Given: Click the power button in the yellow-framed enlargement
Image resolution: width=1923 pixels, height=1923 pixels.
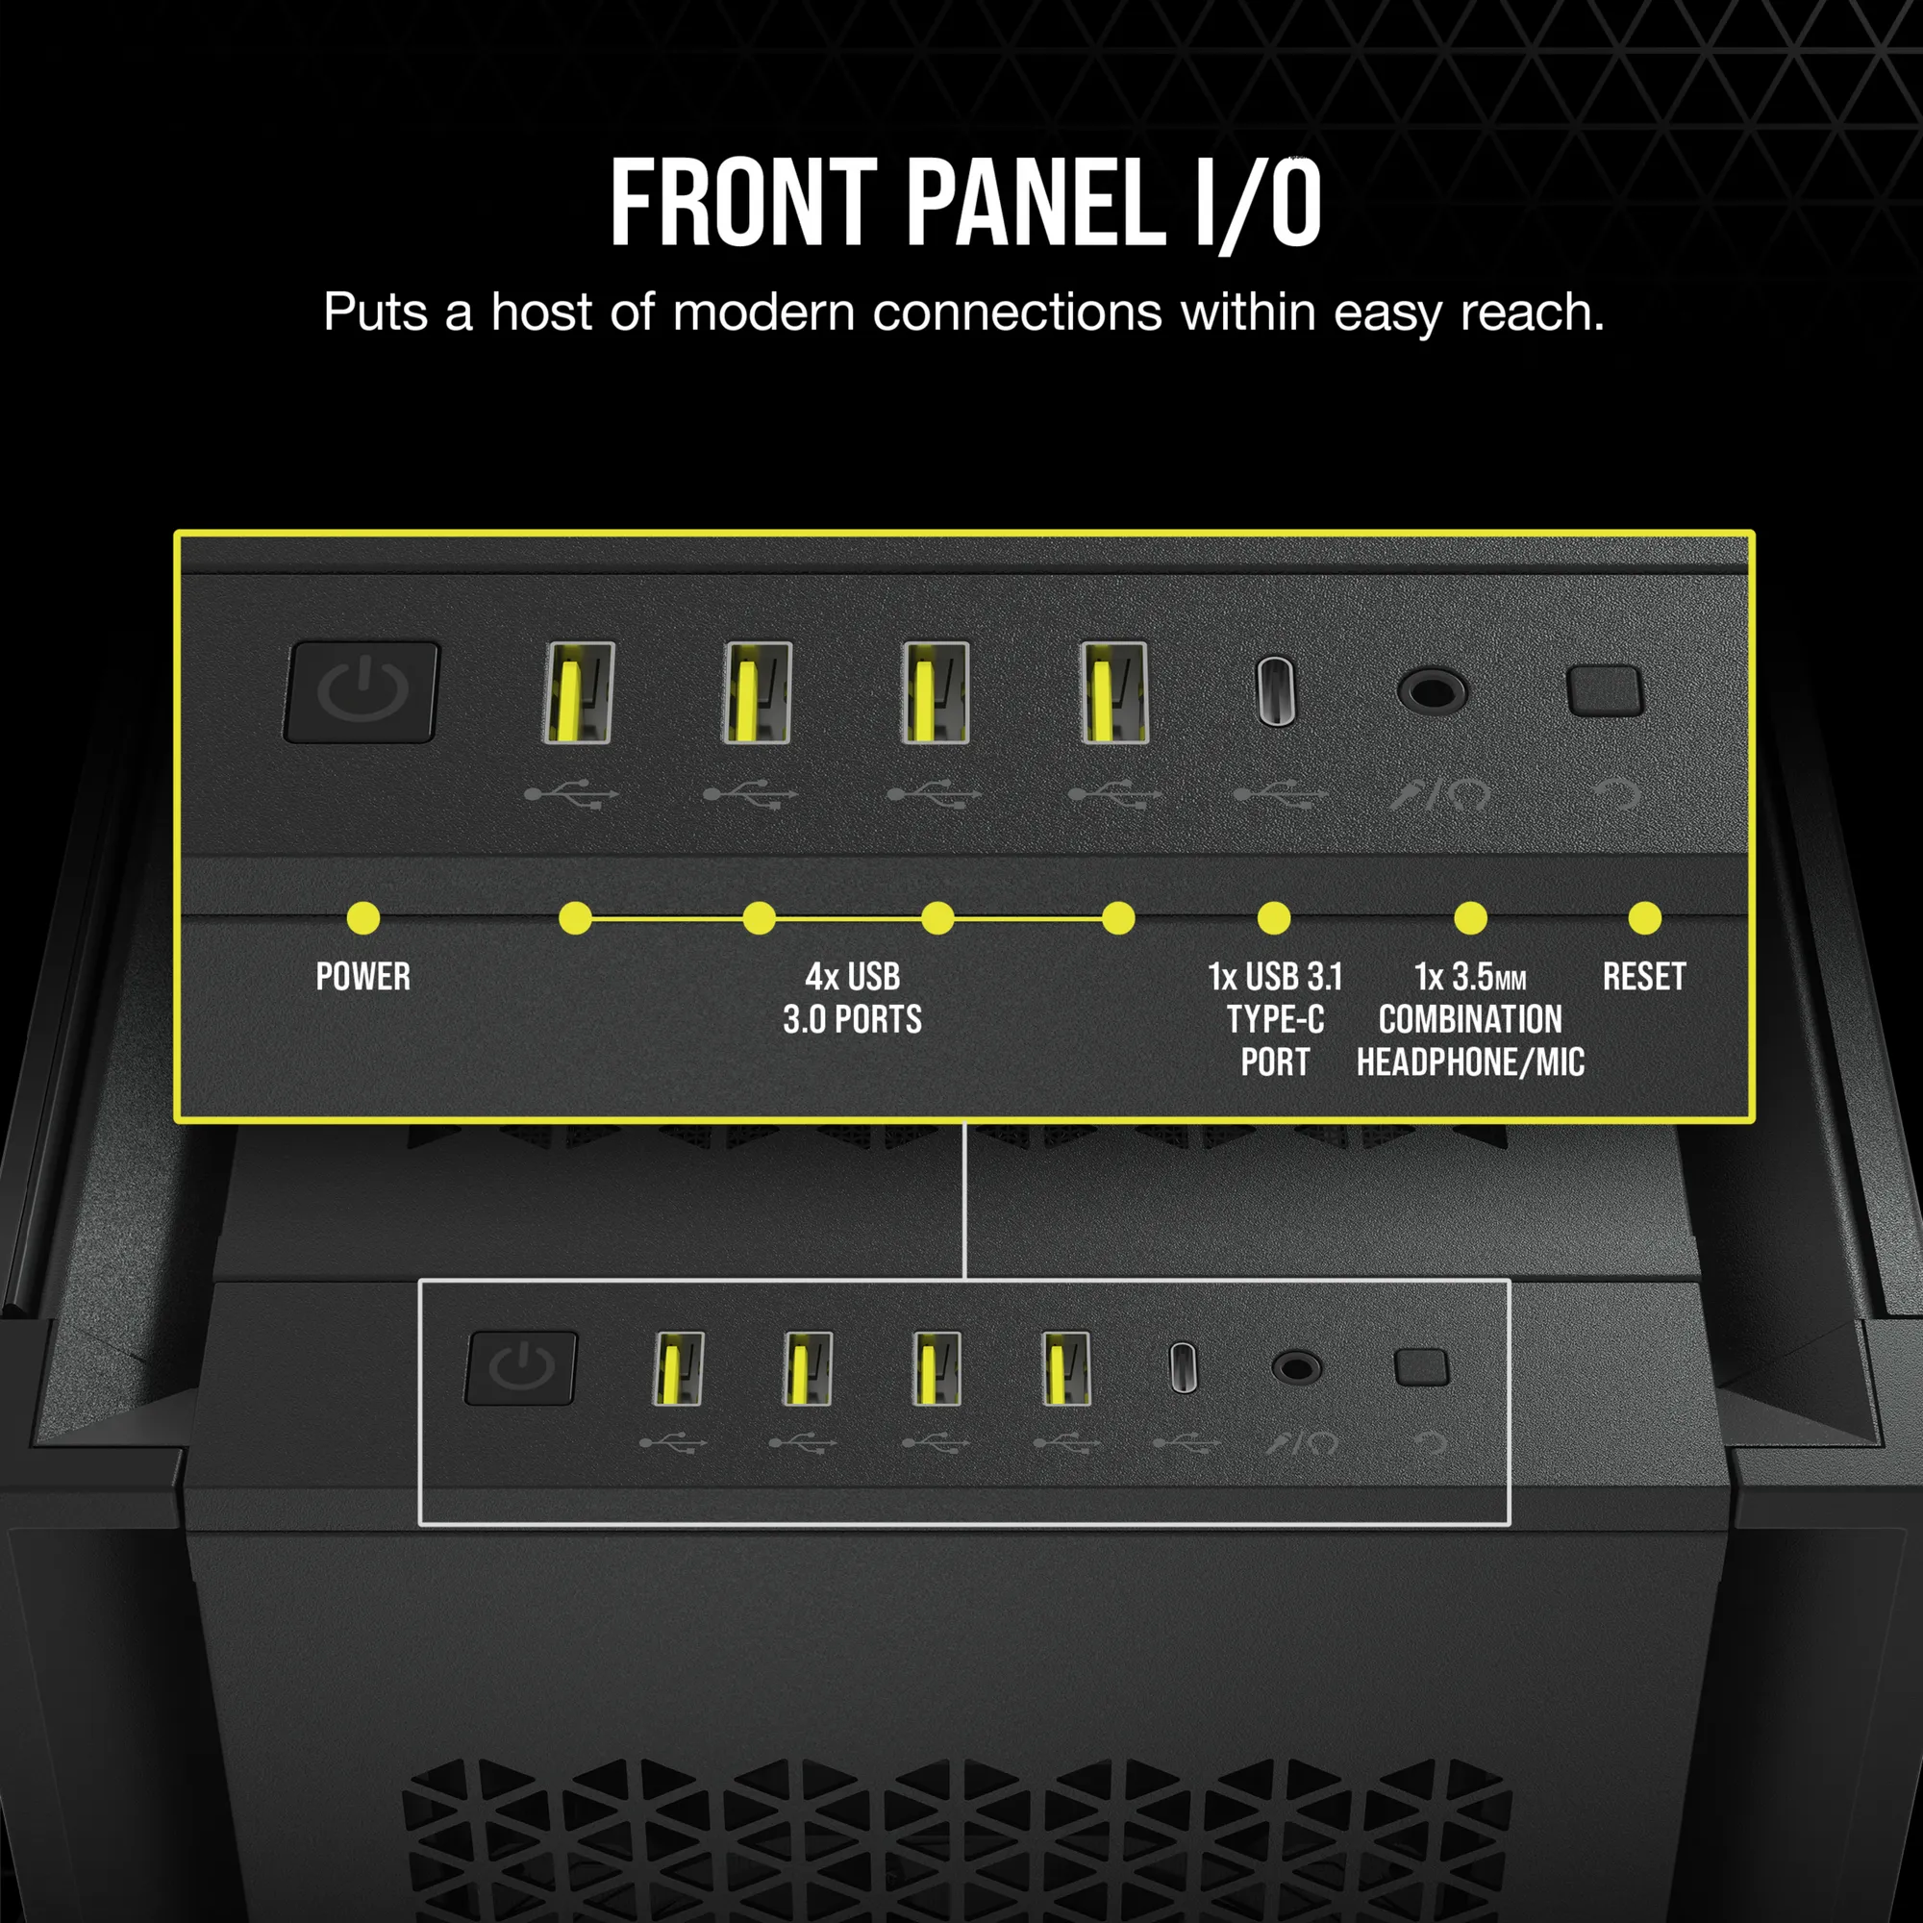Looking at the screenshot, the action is pyautogui.click(x=362, y=691).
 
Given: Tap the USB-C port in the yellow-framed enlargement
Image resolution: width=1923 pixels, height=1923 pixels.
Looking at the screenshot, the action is pyautogui.click(x=1276, y=690).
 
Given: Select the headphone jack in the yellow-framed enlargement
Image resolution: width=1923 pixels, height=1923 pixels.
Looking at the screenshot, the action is pyautogui.click(x=1432, y=689).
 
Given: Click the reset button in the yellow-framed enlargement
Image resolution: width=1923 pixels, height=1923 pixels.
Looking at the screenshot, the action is pyautogui.click(x=1605, y=690).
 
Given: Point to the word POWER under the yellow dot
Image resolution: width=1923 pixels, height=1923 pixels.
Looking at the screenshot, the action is pyautogui.click(x=363, y=977).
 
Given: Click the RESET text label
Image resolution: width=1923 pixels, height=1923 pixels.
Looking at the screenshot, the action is pyautogui.click(x=1644, y=977).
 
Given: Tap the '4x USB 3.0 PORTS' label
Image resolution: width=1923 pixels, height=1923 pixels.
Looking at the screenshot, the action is pyautogui.click(x=852, y=997).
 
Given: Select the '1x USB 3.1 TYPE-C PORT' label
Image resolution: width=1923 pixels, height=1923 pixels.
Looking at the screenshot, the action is pyautogui.click(x=1275, y=1019).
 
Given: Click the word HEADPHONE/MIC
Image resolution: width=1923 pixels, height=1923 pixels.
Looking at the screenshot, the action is pyautogui.click(x=1470, y=1062).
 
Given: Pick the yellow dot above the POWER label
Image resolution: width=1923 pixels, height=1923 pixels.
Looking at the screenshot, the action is pyautogui.click(x=363, y=917).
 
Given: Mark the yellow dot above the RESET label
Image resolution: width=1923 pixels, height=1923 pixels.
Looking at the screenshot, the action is pyautogui.click(x=1644, y=917).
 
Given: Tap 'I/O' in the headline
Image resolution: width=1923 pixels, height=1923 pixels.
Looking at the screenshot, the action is pyautogui.click(x=1258, y=204).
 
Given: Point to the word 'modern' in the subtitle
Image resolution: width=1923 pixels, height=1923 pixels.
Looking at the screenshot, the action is pyautogui.click(x=763, y=312).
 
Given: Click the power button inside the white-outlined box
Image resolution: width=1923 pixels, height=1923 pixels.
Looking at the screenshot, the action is pyautogui.click(x=520, y=1367).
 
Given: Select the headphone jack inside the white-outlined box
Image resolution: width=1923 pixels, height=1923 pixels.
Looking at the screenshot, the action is pyautogui.click(x=1297, y=1367).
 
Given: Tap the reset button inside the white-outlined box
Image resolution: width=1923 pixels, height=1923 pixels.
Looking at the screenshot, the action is pyautogui.click(x=1421, y=1367).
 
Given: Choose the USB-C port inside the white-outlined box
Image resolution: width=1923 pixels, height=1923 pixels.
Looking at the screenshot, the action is pyautogui.click(x=1184, y=1367).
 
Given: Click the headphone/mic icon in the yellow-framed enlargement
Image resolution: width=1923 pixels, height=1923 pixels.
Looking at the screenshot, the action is pyautogui.click(x=1439, y=794).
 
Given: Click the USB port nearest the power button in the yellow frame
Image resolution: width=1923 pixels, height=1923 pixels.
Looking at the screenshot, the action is pyautogui.click(x=578, y=691).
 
